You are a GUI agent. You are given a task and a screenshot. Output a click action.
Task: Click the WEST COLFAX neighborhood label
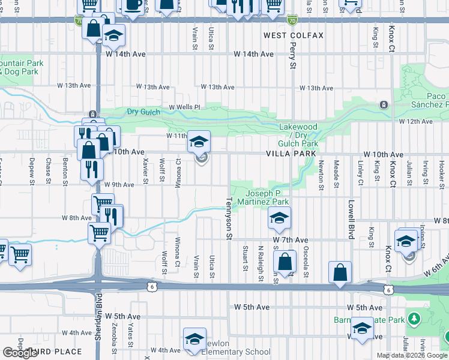coord(294,35)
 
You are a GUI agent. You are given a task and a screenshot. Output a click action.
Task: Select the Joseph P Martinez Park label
coord(267,197)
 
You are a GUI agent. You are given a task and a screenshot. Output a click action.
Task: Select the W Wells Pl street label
coord(184,107)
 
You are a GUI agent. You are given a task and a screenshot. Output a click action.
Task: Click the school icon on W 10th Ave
coord(199,142)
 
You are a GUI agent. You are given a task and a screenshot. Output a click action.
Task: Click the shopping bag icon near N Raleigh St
coord(285,262)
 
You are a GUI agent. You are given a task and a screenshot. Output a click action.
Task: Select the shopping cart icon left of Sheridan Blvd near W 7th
coord(20,255)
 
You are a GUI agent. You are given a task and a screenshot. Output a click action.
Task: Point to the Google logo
coord(20,353)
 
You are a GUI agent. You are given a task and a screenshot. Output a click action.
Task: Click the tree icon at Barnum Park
coord(414,318)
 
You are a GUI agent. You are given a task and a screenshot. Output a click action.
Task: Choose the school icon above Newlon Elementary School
coord(194,339)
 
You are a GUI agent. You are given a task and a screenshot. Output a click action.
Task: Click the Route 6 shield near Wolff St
coord(154,287)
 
